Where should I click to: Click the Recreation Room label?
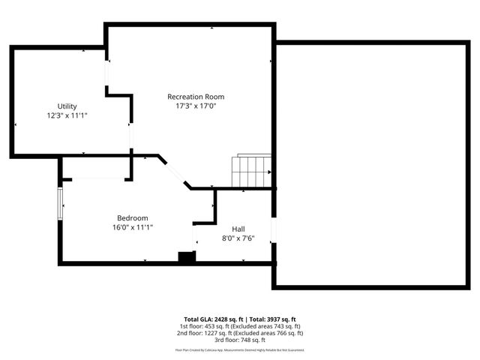(x=195, y=97)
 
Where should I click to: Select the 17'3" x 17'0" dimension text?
(x=195, y=106)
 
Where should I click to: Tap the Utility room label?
(x=67, y=106)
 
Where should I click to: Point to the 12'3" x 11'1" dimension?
(x=67, y=116)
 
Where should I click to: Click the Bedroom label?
(x=132, y=217)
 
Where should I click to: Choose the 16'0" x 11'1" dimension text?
(x=132, y=227)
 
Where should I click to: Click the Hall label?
(x=238, y=229)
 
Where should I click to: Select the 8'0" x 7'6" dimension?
(x=238, y=239)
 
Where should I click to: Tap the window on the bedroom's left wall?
(x=61, y=202)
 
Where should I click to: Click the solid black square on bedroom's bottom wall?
(x=186, y=257)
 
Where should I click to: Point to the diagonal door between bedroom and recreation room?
(x=174, y=172)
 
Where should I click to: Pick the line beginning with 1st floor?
(x=240, y=326)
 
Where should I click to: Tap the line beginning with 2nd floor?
(x=240, y=333)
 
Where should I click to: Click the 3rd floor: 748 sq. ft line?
(x=240, y=340)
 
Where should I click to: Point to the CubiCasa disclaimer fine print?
(x=240, y=349)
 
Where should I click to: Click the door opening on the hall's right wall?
(x=274, y=231)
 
